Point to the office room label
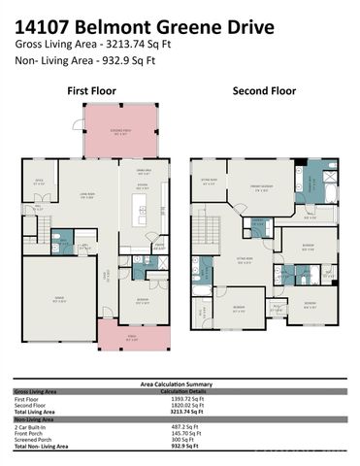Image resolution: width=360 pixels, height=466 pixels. [40, 181]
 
